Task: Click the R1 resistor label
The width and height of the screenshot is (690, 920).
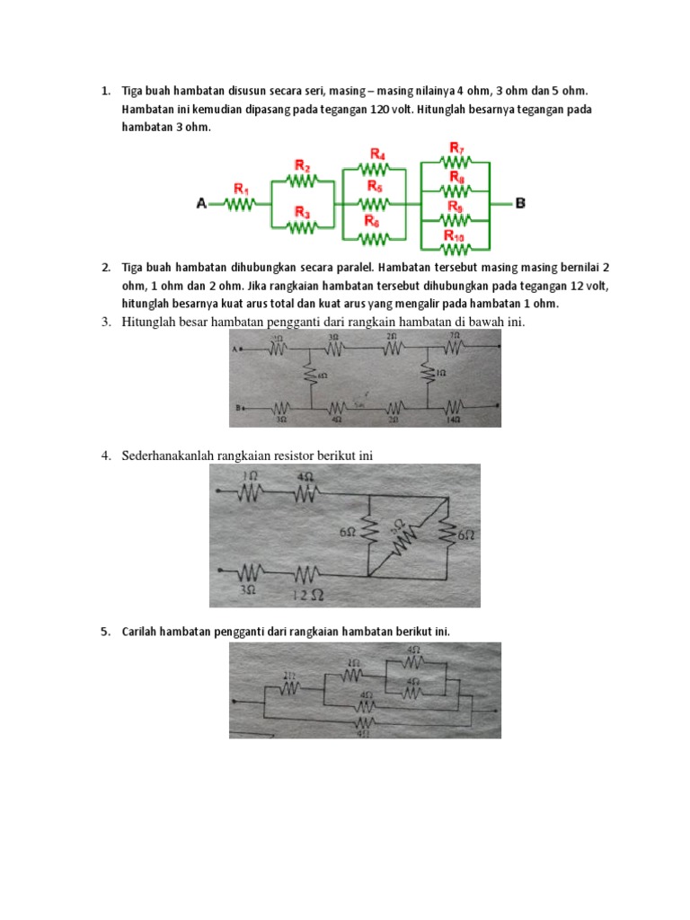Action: click(x=241, y=189)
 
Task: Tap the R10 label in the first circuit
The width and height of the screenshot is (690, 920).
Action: click(x=455, y=235)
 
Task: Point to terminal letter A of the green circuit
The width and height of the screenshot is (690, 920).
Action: click(x=201, y=205)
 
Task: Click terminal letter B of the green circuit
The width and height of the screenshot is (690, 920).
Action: click(x=520, y=204)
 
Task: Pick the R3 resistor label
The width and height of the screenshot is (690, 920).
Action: click(x=303, y=213)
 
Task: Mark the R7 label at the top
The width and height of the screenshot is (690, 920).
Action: click(x=456, y=147)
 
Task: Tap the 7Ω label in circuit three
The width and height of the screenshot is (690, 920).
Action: click(x=455, y=336)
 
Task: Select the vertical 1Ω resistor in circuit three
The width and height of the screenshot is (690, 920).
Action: click(x=428, y=371)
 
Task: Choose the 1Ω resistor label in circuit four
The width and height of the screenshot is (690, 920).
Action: click(x=250, y=476)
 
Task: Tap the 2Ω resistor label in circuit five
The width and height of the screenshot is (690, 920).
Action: click(x=287, y=674)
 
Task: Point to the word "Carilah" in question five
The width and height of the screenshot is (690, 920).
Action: click(x=141, y=632)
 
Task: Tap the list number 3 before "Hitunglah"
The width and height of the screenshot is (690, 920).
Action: click(x=104, y=323)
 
